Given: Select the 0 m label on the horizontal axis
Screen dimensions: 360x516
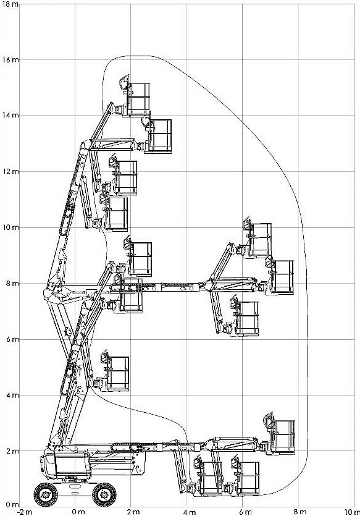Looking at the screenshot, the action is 78,512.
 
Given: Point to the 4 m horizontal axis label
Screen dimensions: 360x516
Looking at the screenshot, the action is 190,512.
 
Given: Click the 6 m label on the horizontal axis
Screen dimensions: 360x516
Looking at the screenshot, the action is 245,512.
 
